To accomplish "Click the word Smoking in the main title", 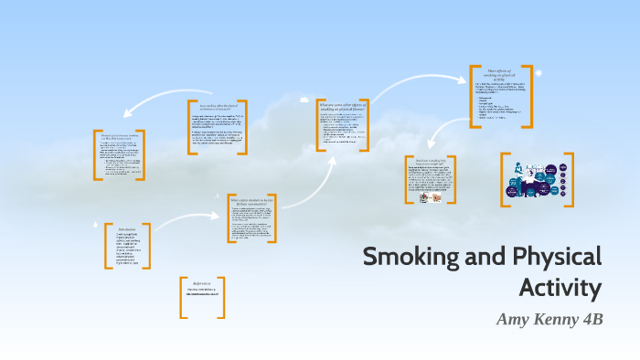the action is pyautogui.click(x=403, y=256).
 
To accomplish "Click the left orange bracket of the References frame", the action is pyautogui.click(x=183, y=297).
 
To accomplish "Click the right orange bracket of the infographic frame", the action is pyautogui.click(x=570, y=179).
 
